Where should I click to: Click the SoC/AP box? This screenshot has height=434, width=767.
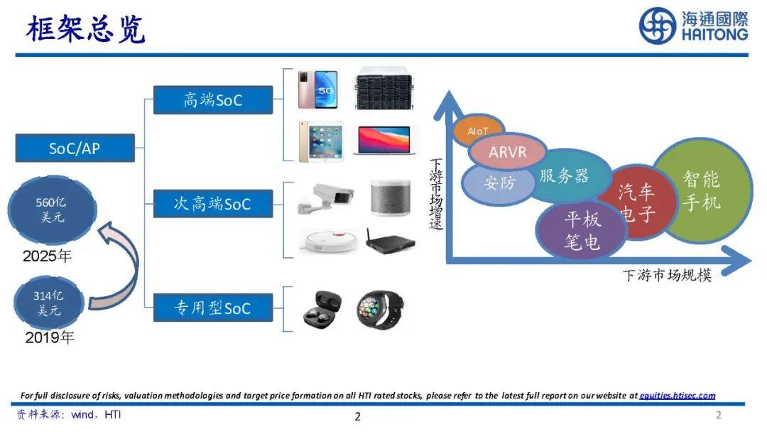75,148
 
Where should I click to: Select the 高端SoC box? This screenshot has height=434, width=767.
213,100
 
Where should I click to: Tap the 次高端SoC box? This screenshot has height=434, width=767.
213,204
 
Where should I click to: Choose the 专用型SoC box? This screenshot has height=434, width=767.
213,308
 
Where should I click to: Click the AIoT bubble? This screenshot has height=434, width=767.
478,131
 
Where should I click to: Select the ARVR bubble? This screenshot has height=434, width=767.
507,153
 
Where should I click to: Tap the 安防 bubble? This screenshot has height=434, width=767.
499,182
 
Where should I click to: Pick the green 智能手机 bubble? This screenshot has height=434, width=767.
702,190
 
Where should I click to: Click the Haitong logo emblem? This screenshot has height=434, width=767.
657,26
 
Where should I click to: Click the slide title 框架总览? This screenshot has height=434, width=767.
85,29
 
